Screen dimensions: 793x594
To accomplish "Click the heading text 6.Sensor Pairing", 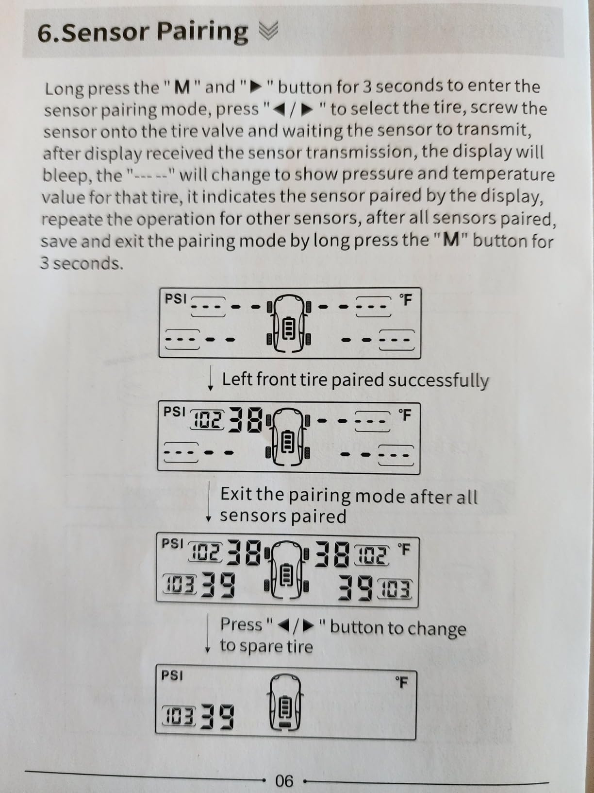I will [x=142, y=32].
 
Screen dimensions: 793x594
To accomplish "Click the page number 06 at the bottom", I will [x=284, y=781].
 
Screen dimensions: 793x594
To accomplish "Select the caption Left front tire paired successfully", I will [x=355, y=380].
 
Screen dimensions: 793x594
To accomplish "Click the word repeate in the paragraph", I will [x=72, y=219].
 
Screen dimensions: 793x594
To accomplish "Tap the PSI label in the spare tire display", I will [x=172, y=675].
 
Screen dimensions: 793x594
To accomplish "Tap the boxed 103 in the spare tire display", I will [x=179, y=716].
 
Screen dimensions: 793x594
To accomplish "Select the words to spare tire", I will [x=266, y=646].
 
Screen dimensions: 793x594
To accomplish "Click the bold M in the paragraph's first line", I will [x=182, y=87].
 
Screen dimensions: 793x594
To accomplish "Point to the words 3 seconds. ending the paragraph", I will [x=82, y=263].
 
